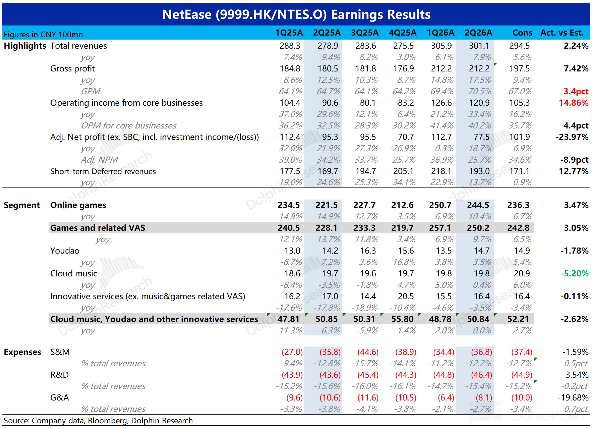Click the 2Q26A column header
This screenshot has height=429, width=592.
pyautogui.click(x=478, y=33)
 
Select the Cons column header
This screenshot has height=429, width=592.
pyautogui.click(x=522, y=33)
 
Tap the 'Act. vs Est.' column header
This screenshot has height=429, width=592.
pyautogui.click(x=562, y=33)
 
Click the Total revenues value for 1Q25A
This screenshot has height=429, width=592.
pyautogui.click(x=290, y=46)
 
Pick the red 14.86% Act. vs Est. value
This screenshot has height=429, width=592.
pyautogui.click(x=574, y=103)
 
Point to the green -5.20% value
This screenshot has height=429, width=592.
pyautogui.click(x=575, y=273)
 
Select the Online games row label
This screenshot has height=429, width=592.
pyautogui.click(x=78, y=205)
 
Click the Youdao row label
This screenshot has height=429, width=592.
pyautogui.click(x=65, y=251)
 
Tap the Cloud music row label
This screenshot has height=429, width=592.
pyautogui.click(x=73, y=273)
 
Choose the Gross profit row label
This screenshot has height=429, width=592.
pyautogui.click(x=72, y=69)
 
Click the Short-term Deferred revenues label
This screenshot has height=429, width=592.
pyautogui.click(x=103, y=171)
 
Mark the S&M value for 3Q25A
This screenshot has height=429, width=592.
pyautogui.click(x=368, y=352)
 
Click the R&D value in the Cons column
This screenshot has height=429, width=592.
pyautogui.click(x=522, y=375)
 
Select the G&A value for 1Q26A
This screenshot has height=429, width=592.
pyautogui.click(x=446, y=398)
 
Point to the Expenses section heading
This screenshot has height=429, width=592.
pyautogui.click(x=22, y=352)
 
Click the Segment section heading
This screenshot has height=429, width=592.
pyautogui.click(x=22, y=205)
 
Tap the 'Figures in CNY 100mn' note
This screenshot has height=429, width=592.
pyautogui.click(x=43, y=35)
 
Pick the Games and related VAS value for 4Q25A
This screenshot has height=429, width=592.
pyautogui.click(x=402, y=228)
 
